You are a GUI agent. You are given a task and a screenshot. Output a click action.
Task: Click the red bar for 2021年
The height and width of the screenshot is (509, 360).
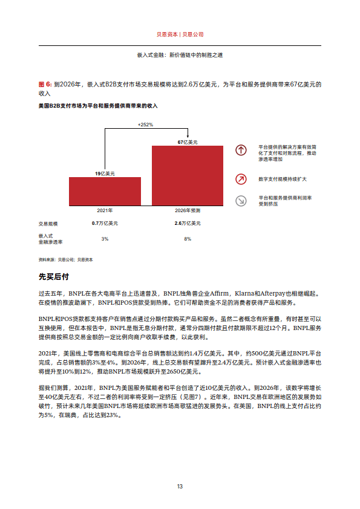click(x=105, y=191)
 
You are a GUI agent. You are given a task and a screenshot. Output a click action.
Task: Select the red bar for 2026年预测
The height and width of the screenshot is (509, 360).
click(x=188, y=175)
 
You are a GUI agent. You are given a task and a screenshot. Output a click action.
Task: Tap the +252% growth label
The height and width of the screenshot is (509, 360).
click(x=145, y=125)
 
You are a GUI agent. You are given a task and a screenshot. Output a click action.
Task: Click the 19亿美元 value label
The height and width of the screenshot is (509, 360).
click(x=105, y=173)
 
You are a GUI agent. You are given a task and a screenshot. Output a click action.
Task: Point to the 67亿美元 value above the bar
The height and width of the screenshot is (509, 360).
click(x=188, y=142)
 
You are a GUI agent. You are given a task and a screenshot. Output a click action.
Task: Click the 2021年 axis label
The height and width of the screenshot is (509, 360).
click(x=105, y=210)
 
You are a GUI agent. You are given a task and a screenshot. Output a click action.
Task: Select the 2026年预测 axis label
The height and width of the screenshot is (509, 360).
click(x=188, y=210)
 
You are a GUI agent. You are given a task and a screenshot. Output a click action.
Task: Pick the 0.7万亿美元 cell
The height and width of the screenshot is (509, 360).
click(x=105, y=224)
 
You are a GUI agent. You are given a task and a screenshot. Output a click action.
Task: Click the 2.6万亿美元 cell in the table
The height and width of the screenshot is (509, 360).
click(x=188, y=224)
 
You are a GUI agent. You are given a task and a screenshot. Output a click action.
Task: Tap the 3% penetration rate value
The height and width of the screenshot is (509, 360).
click(x=105, y=239)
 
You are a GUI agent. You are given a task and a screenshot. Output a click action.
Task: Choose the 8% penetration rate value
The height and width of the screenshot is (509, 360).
click(x=188, y=239)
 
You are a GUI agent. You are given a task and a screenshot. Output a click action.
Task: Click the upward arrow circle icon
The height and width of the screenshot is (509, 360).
click(x=241, y=151)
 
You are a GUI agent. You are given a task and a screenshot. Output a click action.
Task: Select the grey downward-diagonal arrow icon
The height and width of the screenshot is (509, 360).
click(x=241, y=201)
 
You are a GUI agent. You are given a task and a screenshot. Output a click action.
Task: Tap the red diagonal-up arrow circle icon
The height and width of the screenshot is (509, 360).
click(x=241, y=179)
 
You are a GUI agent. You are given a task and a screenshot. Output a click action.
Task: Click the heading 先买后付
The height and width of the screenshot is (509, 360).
click(x=54, y=277)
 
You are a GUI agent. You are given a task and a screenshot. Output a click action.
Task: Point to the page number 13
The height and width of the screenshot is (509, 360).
click(x=180, y=487)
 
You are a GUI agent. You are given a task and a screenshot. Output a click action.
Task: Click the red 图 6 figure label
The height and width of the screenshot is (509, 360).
click(x=44, y=85)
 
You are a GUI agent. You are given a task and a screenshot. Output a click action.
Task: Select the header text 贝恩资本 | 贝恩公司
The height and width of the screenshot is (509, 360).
click(x=180, y=34)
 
